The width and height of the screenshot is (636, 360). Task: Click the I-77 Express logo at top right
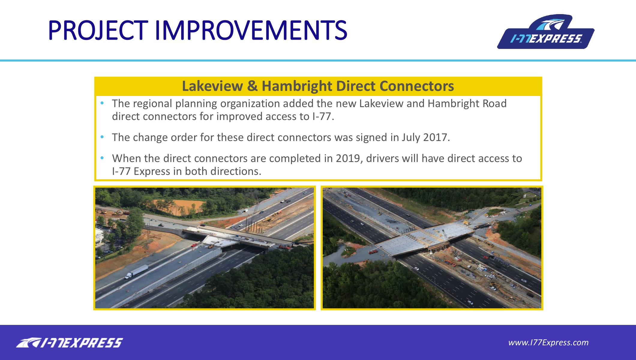(x=546, y=32)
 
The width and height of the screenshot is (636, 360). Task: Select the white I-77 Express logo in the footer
(x=70, y=343)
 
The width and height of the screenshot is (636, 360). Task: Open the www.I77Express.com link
(x=548, y=343)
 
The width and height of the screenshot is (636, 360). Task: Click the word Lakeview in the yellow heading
(x=212, y=86)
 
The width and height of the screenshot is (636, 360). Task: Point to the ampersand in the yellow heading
(x=252, y=86)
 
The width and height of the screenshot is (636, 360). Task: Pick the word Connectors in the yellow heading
(x=417, y=86)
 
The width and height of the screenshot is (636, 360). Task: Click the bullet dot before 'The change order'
(x=102, y=137)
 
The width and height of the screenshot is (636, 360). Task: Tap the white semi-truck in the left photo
(x=136, y=271)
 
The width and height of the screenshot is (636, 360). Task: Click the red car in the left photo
(x=194, y=245)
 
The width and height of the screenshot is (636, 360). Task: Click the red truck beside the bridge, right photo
(x=373, y=251)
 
